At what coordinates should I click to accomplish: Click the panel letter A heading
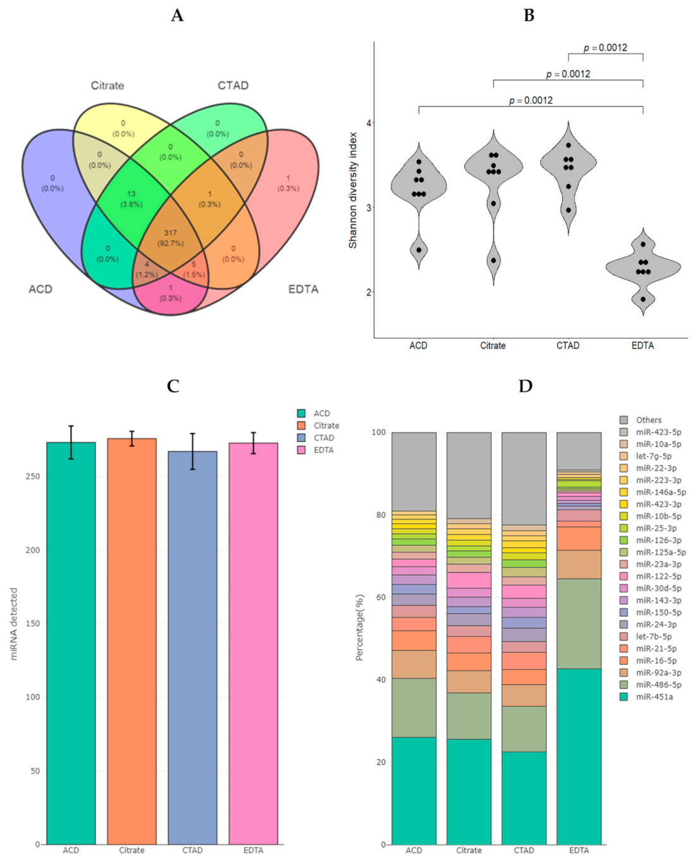tap(177, 15)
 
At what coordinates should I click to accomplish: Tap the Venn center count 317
tap(171, 233)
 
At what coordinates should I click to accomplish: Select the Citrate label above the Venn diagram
tap(108, 85)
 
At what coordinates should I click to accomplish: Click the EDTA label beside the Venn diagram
tap(303, 289)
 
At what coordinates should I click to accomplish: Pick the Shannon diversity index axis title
tap(353, 190)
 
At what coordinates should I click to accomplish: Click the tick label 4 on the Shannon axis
tap(369, 123)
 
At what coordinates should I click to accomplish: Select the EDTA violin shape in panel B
tap(643, 269)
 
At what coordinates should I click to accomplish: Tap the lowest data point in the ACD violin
tap(419, 250)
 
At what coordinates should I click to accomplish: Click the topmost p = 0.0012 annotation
tap(605, 47)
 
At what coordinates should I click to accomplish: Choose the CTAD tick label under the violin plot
tap(568, 345)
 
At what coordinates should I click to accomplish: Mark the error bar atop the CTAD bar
tap(193, 451)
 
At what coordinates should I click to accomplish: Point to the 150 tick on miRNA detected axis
tap(32, 623)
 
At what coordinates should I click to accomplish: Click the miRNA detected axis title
tap(14, 624)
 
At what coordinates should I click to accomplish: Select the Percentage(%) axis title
tap(360, 627)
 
